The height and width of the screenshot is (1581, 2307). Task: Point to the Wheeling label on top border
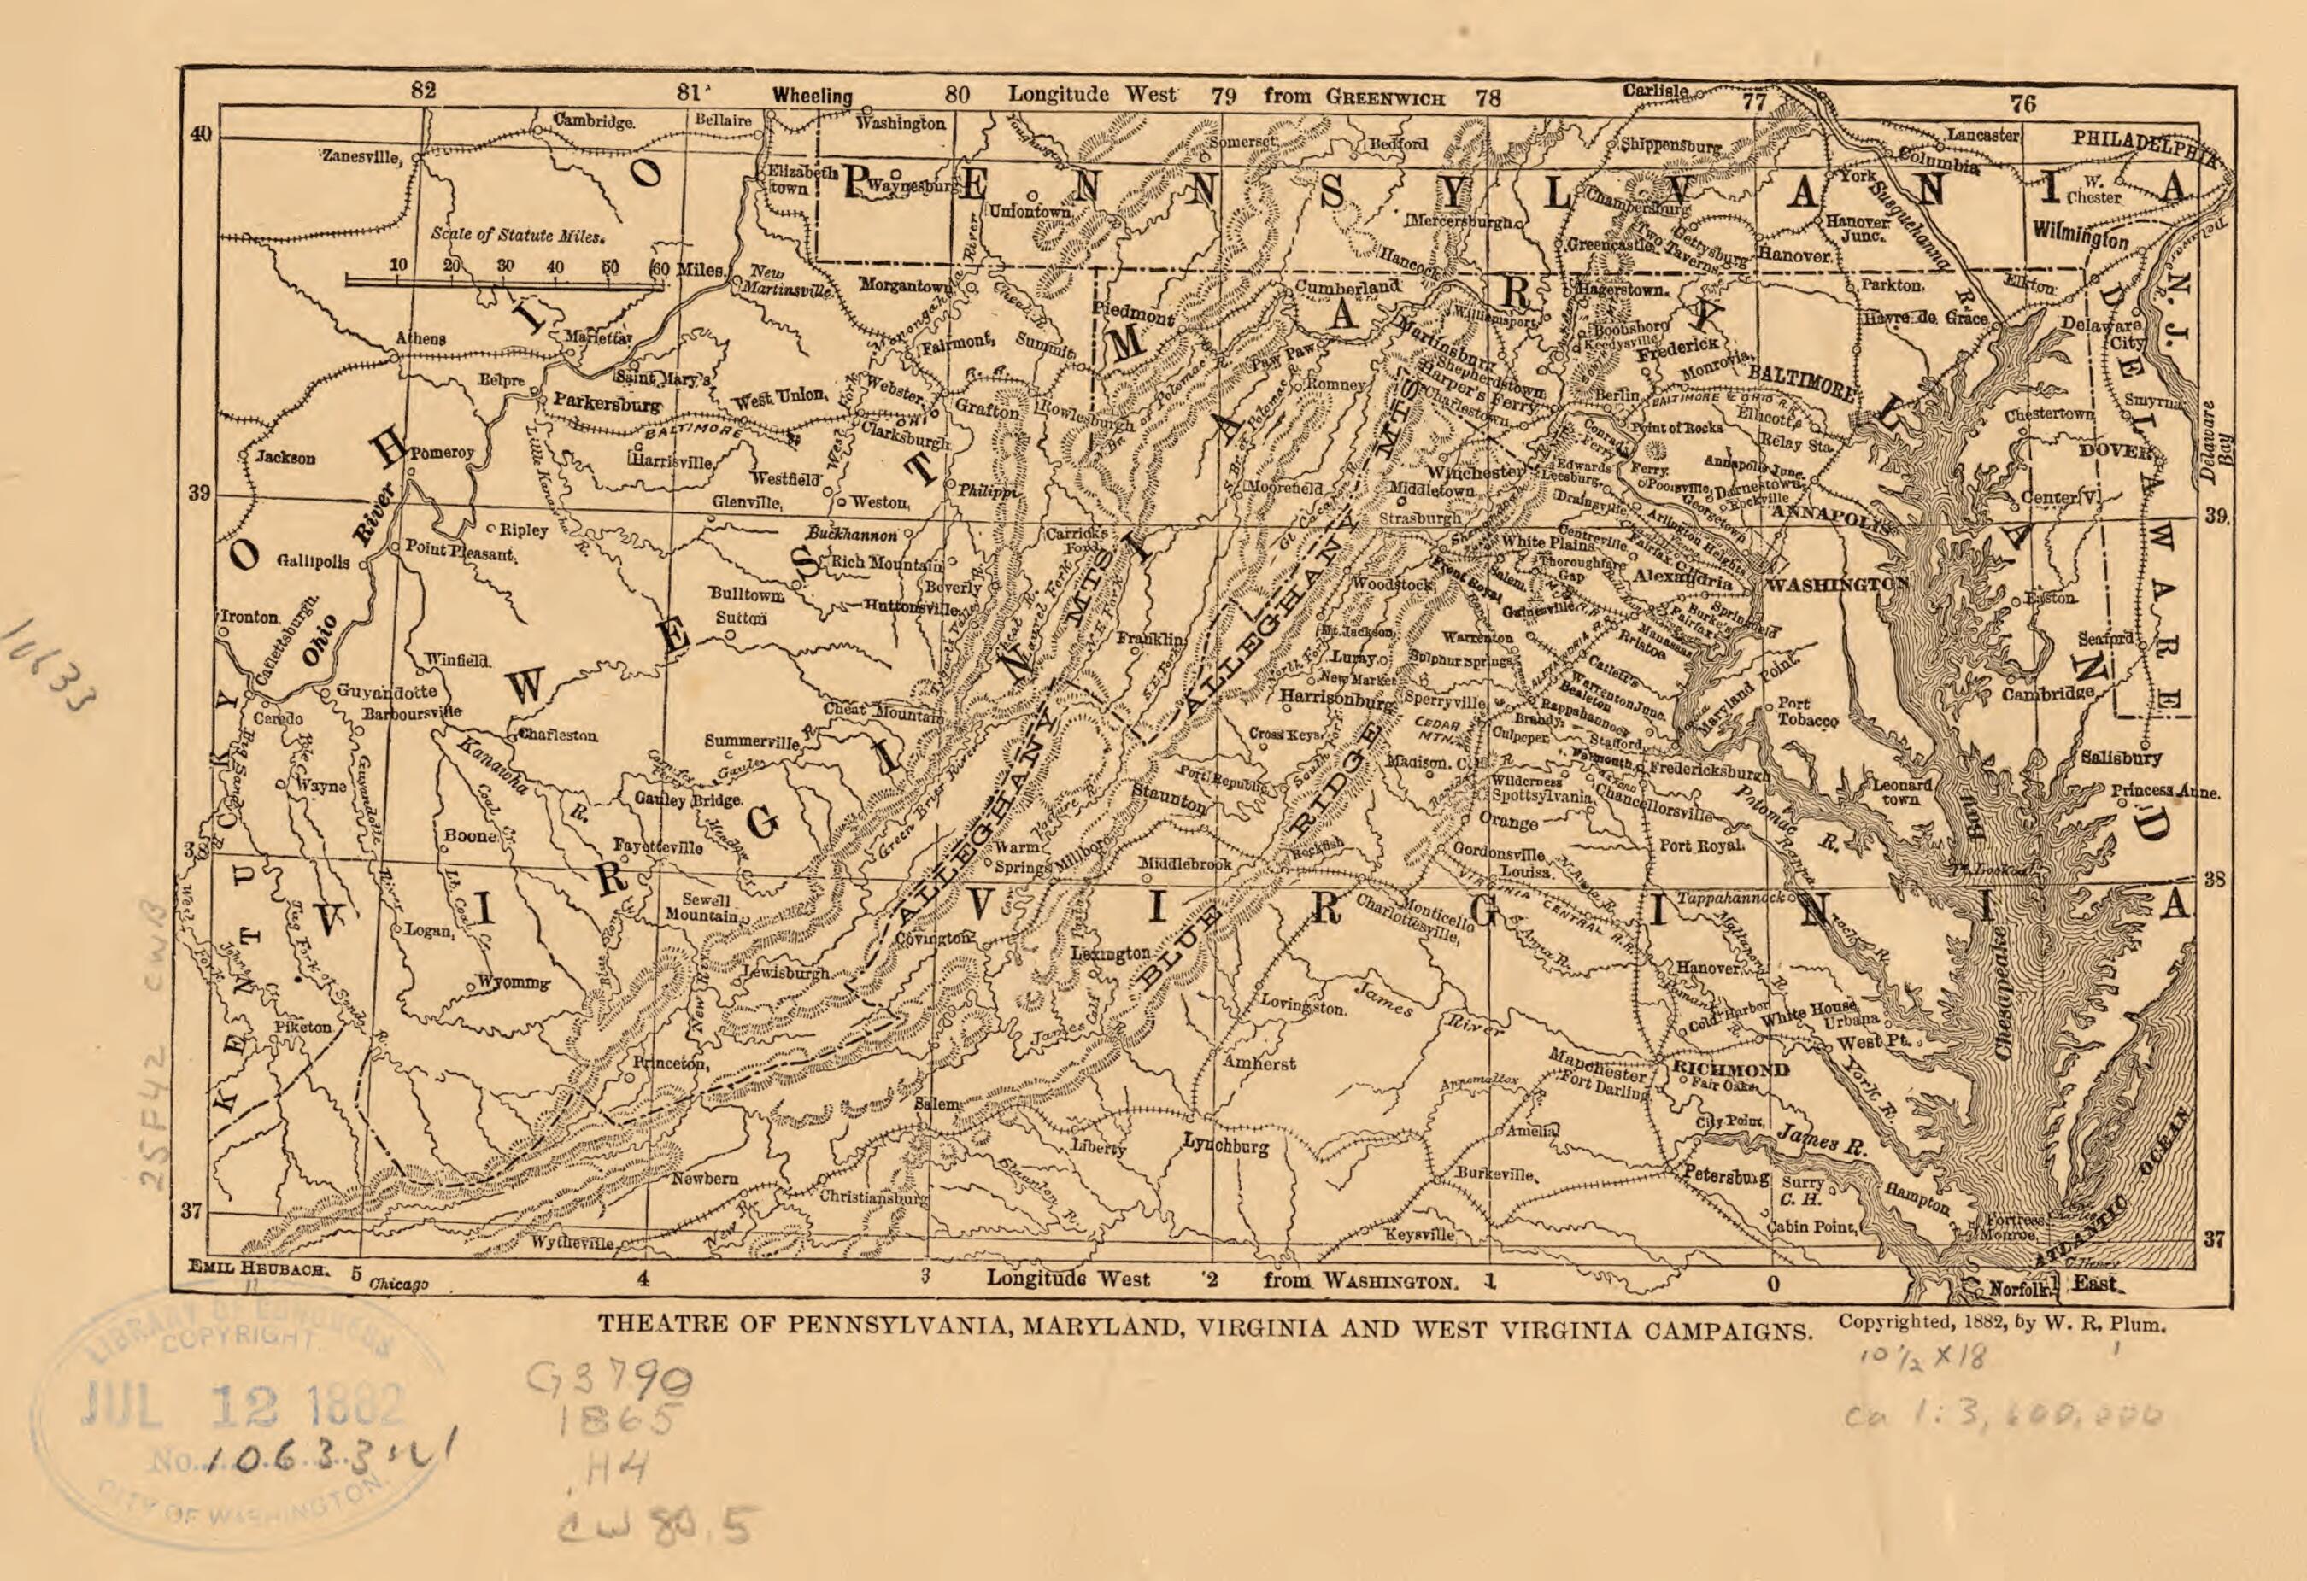(x=812, y=97)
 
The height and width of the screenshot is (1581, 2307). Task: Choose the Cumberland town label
(x=1347, y=287)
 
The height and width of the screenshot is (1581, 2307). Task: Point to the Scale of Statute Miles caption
(x=517, y=237)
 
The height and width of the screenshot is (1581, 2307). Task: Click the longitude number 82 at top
(x=424, y=90)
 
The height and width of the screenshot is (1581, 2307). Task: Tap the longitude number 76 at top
(x=2022, y=103)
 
